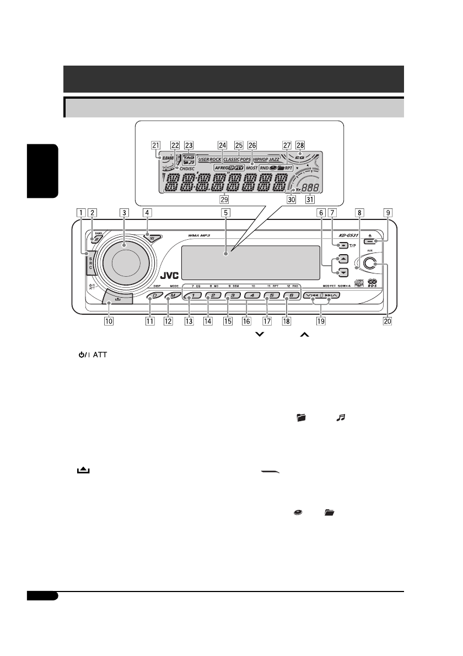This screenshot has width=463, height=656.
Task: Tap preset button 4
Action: tap(251, 295)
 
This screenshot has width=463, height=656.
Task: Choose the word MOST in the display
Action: tap(252, 166)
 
